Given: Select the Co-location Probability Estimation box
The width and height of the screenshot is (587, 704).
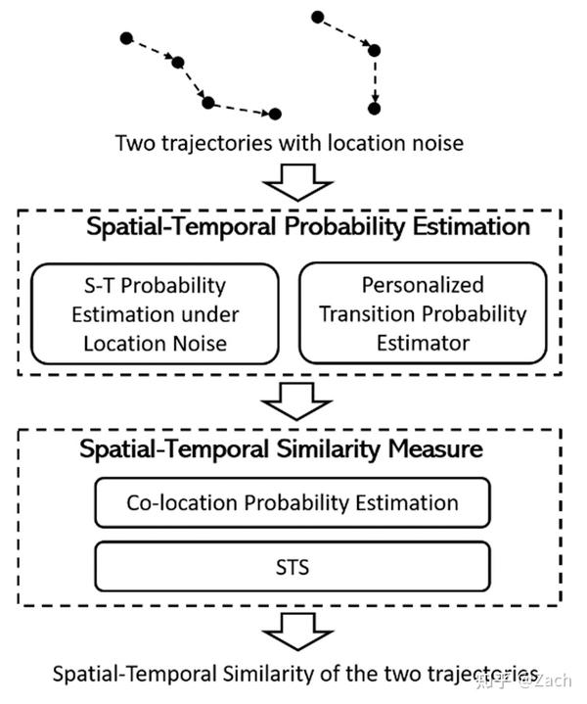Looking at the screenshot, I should pyautogui.click(x=292, y=503).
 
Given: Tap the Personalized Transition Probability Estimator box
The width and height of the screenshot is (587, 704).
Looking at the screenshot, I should pyautogui.click(x=423, y=313).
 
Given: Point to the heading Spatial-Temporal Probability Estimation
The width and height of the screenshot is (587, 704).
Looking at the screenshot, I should pyautogui.click(x=308, y=227).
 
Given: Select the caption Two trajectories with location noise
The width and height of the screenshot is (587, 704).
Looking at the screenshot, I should pyautogui.click(x=290, y=143).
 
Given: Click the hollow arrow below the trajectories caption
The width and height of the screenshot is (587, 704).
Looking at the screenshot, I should pyautogui.click(x=290, y=181).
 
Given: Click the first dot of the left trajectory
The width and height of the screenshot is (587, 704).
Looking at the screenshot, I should pyautogui.click(x=125, y=38).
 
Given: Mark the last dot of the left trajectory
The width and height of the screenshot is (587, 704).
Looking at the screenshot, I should pyautogui.click(x=275, y=114).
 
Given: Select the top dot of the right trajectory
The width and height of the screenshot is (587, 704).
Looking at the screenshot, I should pyautogui.click(x=317, y=17).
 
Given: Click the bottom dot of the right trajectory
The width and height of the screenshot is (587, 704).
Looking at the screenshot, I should pyautogui.click(x=373, y=108).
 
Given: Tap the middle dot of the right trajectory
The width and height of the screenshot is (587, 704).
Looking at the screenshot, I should pyautogui.click(x=373, y=50).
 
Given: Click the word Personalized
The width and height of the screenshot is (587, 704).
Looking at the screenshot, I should pyautogui.click(x=423, y=285).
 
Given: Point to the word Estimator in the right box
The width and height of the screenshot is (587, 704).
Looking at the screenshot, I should pyautogui.click(x=423, y=343).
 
